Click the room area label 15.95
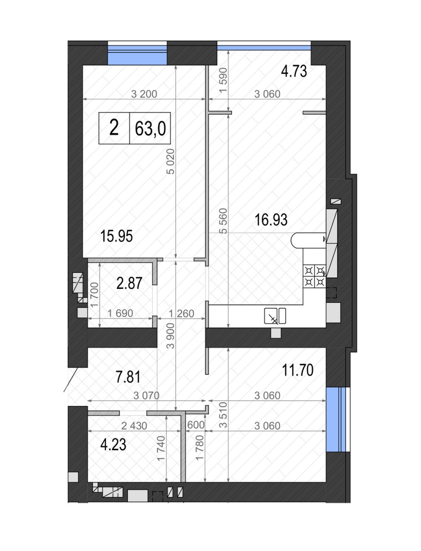(x=116, y=236)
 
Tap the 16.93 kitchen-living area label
(x=271, y=220)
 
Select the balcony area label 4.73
(x=294, y=71)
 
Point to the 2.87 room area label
(x=129, y=283)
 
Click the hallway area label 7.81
(x=128, y=377)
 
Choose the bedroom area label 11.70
(x=298, y=370)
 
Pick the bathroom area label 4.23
(x=113, y=445)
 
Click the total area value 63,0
(x=150, y=129)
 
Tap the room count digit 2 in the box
(x=114, y=128)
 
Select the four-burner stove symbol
(x=314, y=276)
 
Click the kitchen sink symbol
(x=275, y=316)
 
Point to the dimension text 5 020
(x=171, y=161)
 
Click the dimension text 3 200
(x=144, y=94)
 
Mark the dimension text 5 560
(x=223, y=221)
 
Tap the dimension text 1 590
(x=223, y=80)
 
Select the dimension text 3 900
(x=171, y=336)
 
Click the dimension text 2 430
(x=134, y=426)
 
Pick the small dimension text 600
(x=196, y=425)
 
